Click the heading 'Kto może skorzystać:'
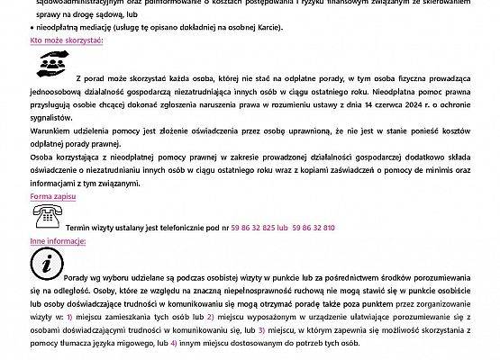(x=67, y=41)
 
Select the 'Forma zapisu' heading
(x=52, y=195)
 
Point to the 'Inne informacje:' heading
(x=58, y=241)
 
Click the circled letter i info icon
(x=46, y=263)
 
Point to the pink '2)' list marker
(x=211, y=317)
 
